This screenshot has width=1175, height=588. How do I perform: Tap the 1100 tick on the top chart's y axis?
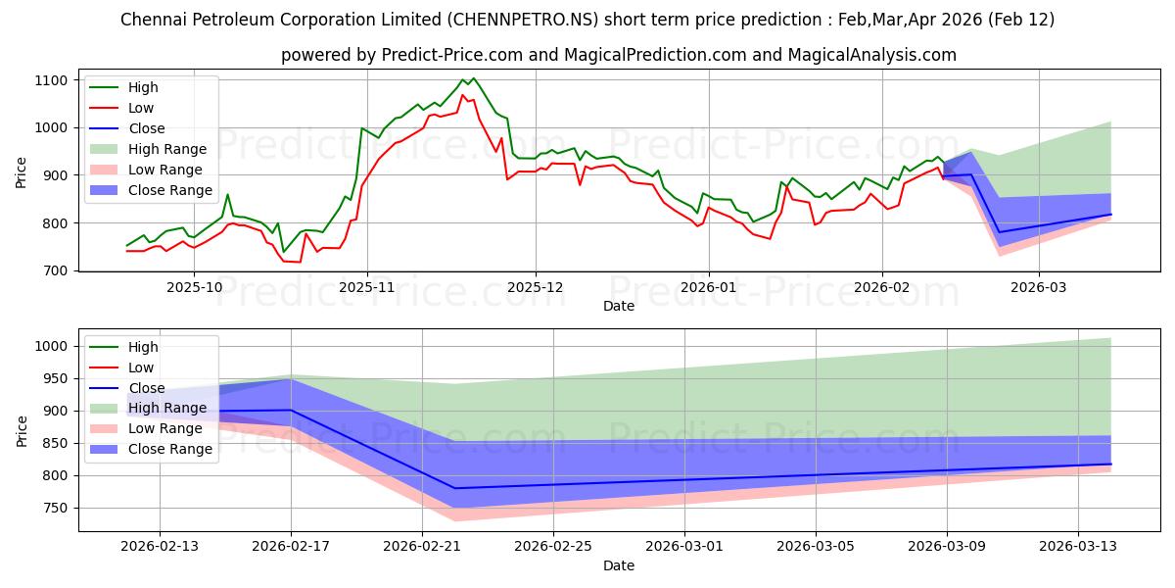pos(51,79)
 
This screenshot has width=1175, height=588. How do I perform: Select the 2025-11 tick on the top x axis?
pos(367,287)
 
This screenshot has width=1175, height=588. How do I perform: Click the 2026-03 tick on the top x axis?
pos(1038,287)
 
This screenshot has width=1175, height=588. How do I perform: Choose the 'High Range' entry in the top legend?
pos(167,149)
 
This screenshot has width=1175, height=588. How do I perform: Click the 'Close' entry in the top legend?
pos(147,128)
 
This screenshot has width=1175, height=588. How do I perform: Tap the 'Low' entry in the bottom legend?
pos(141,367)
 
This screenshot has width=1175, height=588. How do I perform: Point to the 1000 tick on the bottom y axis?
pos(51,346)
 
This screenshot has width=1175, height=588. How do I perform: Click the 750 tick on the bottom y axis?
pos(55,508)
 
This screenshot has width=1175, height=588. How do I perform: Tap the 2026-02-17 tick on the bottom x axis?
pos(291,547)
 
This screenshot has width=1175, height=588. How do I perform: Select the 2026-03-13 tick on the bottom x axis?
pos(1078,547)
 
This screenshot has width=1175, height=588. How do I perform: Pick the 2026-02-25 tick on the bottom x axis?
pos(553,547)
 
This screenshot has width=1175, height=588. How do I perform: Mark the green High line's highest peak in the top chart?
pos(473,78)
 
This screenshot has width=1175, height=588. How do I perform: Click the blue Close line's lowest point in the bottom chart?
pos(454,488)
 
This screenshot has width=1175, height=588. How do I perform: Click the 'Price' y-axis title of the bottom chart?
pos(23,429)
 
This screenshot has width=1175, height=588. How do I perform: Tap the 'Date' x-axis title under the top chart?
pos(618,306)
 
